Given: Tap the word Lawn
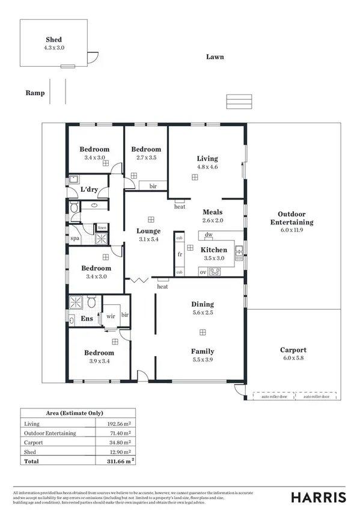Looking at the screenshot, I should click(x=215, y=57).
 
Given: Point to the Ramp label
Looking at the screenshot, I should click(x=35, y=93).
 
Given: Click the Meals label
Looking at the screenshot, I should click(x=212, y=212).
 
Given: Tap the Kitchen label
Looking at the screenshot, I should click(x=213, y=250).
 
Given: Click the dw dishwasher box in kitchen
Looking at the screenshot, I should click(x=209, y=235).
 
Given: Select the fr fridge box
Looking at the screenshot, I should click(x=179, y=254).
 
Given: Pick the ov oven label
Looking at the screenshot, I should click(x=203, y=272).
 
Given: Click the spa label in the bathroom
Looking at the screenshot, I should click(x=75, y=238).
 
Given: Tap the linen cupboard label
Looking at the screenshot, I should click(x=102, y=227).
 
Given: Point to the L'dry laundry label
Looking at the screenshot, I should click(x=89, y=190).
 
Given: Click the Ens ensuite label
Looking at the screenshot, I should click(x=87, y=318).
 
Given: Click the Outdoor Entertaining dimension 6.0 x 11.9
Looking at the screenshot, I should click(x=291, y=230).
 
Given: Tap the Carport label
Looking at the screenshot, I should click(x=293, y=350).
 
